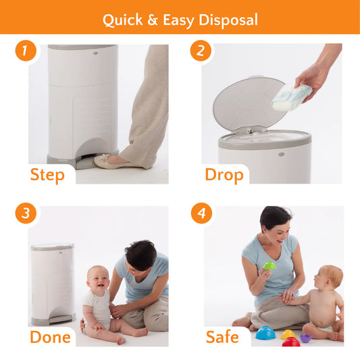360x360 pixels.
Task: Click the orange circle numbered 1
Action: (26, 51)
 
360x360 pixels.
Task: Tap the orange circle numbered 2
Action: (201, 51)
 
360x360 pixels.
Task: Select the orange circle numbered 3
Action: (26, 213)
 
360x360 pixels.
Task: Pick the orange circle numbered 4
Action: (201, 213)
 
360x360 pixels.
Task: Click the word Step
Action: (47, 175)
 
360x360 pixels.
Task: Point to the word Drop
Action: (224, 175)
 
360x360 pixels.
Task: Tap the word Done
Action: (50, 337)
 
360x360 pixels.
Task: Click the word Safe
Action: (222, 337)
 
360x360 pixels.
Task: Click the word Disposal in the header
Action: (228, 20)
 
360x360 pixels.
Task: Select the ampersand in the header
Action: (153, 20)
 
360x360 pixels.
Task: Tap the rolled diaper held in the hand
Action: (291, 97)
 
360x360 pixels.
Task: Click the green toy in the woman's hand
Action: (269, 265)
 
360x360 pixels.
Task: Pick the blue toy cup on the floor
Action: (265, 333)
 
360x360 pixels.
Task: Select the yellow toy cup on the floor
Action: (288, 334)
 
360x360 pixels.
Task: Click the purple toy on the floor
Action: (306, 338)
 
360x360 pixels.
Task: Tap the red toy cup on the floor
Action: (291, 342)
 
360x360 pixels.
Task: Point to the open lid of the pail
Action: (249, 104)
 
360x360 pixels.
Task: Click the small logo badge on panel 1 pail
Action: (95, 53)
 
